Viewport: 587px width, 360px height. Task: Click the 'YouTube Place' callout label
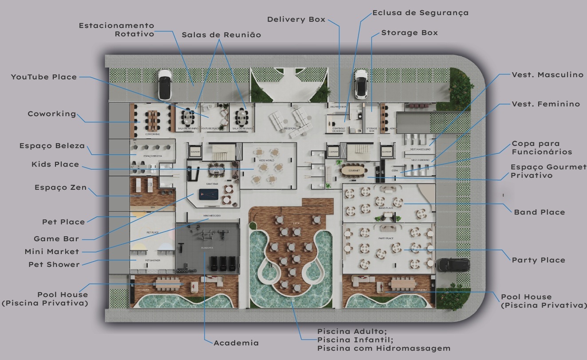[44, 77]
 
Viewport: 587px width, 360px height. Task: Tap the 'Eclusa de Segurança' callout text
[420, 13]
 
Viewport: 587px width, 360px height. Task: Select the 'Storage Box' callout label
[409, 33]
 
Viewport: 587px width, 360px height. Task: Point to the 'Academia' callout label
[236, 343]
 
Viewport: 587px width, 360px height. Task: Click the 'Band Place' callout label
[539, 212]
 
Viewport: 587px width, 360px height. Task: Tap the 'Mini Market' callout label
[52, 252]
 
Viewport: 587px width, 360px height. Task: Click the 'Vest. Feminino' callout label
[546, 104]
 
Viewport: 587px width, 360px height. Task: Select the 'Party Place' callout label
[538, 260]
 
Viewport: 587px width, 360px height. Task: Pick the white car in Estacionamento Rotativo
[165, 84]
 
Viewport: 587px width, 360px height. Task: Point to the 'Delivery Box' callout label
[296, 20]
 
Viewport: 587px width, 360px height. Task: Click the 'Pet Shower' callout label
[54, 265]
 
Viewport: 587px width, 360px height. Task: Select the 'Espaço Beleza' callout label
[52, 146]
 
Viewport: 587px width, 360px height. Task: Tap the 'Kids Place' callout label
[55, 164]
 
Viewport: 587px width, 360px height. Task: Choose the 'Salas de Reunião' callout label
[221, 35]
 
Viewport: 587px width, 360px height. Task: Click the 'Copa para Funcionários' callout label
[542, 148]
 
